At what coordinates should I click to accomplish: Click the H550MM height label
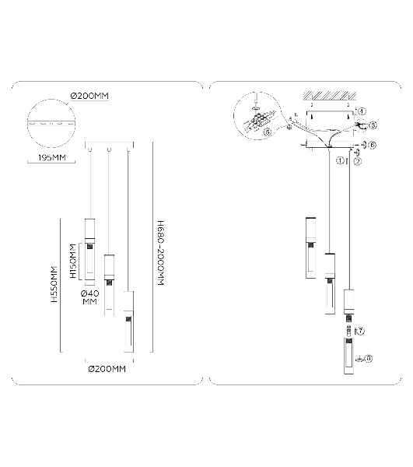[54, 284]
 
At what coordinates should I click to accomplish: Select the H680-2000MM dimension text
[160, 253]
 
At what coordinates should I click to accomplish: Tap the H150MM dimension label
[73, 261]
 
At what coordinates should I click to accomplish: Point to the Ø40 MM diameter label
[90, 297]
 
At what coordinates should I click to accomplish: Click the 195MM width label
[52, 157]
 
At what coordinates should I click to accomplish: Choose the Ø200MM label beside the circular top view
[89, 96]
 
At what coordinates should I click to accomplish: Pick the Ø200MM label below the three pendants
[107, 369]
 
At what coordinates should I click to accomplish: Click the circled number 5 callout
[268, 132]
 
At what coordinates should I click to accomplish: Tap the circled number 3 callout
[373, 125]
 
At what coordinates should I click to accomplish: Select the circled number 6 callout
[372, 145]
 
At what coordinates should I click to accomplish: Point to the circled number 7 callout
[360, 331]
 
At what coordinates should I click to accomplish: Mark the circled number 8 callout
[369, 359]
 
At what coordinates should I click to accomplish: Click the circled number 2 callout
[357, 161]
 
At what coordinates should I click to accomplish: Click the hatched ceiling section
[330, 96]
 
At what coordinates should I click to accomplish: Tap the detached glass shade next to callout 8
[349, 356]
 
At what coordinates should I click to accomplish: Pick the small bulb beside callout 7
[349, 330]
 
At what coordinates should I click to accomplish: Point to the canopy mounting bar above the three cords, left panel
[109, 145]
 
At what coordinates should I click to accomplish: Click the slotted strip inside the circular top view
[51, 123]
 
